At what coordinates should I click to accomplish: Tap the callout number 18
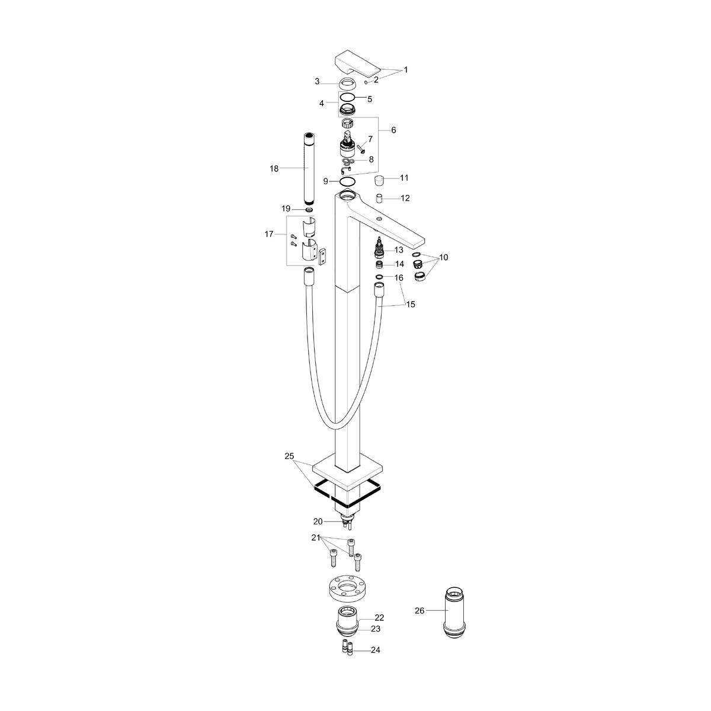274,169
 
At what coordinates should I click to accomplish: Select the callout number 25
289,456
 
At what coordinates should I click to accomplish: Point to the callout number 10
444,257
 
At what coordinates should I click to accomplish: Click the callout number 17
269,234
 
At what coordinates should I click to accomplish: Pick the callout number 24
375,650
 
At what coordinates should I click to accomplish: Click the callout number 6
393,130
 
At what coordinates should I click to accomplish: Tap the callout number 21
316,537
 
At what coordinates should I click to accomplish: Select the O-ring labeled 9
349,181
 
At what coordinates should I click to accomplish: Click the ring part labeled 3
348,83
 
